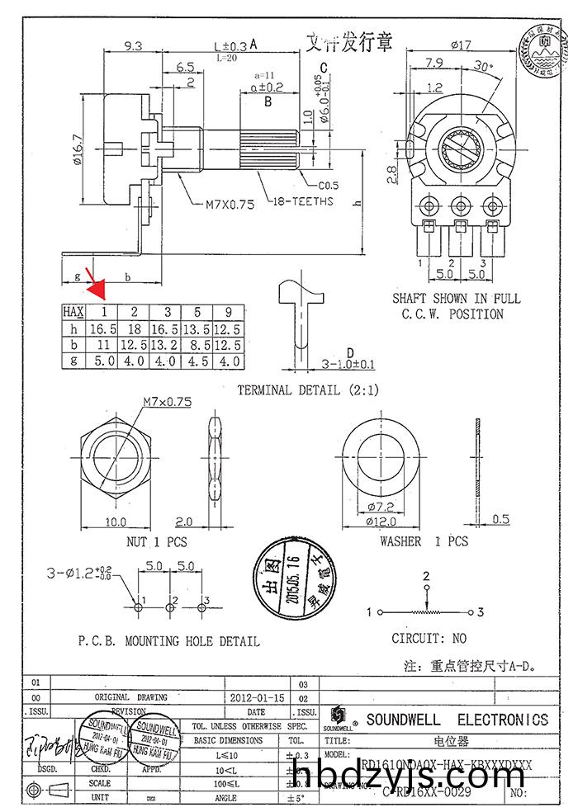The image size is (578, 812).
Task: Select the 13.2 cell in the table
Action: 168,345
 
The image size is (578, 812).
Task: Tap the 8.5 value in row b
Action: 197,345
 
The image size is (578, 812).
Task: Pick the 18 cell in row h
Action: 134,328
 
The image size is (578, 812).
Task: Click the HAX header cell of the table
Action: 74,312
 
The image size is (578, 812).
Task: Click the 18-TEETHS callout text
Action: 301,201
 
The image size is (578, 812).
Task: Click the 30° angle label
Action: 485,68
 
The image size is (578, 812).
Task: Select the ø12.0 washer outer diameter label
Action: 381,521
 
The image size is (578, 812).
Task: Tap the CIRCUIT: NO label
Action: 429,638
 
